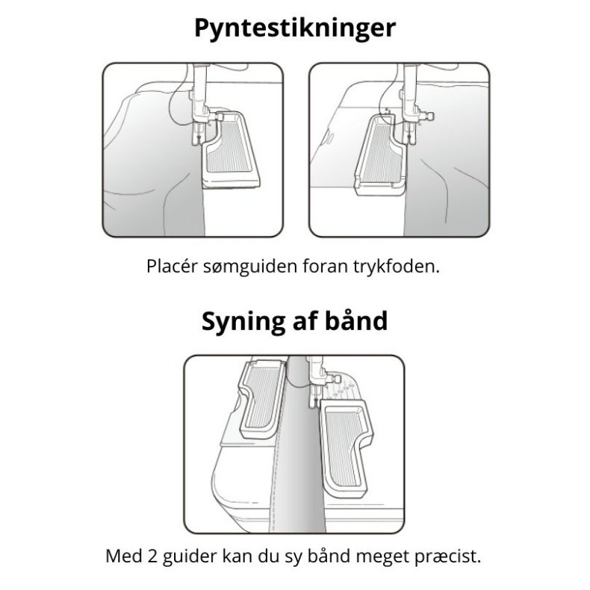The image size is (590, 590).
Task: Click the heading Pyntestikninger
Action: tap(294, 28)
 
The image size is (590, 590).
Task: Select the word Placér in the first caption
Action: tap(171, 267)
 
